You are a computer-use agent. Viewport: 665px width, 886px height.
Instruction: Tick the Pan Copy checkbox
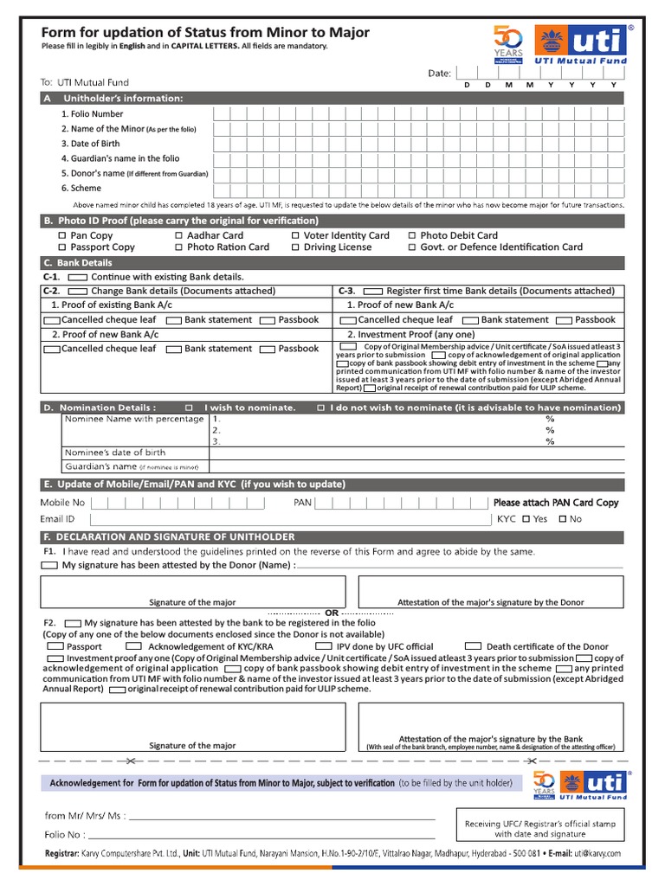(61, 235)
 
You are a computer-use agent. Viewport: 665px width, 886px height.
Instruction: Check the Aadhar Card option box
(178, 235)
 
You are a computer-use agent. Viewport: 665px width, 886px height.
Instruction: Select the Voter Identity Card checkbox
(295, 235)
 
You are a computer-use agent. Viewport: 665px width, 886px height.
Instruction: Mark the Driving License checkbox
(295, 247)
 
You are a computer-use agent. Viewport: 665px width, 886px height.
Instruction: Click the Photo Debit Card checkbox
(412, 235)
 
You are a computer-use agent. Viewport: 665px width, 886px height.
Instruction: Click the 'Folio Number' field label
(92, 113)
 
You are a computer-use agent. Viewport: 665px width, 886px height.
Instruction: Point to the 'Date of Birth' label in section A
(90, 144)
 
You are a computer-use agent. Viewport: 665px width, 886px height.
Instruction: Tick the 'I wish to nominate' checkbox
(189, 408)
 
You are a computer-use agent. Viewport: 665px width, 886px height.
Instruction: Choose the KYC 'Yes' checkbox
(527, 519)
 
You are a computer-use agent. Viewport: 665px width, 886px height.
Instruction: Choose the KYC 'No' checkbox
(563, 519)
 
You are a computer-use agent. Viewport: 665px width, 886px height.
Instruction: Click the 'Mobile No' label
(62, 503)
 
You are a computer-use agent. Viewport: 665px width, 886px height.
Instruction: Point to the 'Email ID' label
(57, 519)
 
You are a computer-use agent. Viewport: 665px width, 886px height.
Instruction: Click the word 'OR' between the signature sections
(332, 613)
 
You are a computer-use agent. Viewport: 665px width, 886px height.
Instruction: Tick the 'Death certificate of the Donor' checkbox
(473, 646)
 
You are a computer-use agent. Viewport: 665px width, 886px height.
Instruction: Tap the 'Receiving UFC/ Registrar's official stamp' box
(540, 829)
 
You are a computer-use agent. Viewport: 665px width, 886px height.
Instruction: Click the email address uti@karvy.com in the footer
(597, 853)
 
